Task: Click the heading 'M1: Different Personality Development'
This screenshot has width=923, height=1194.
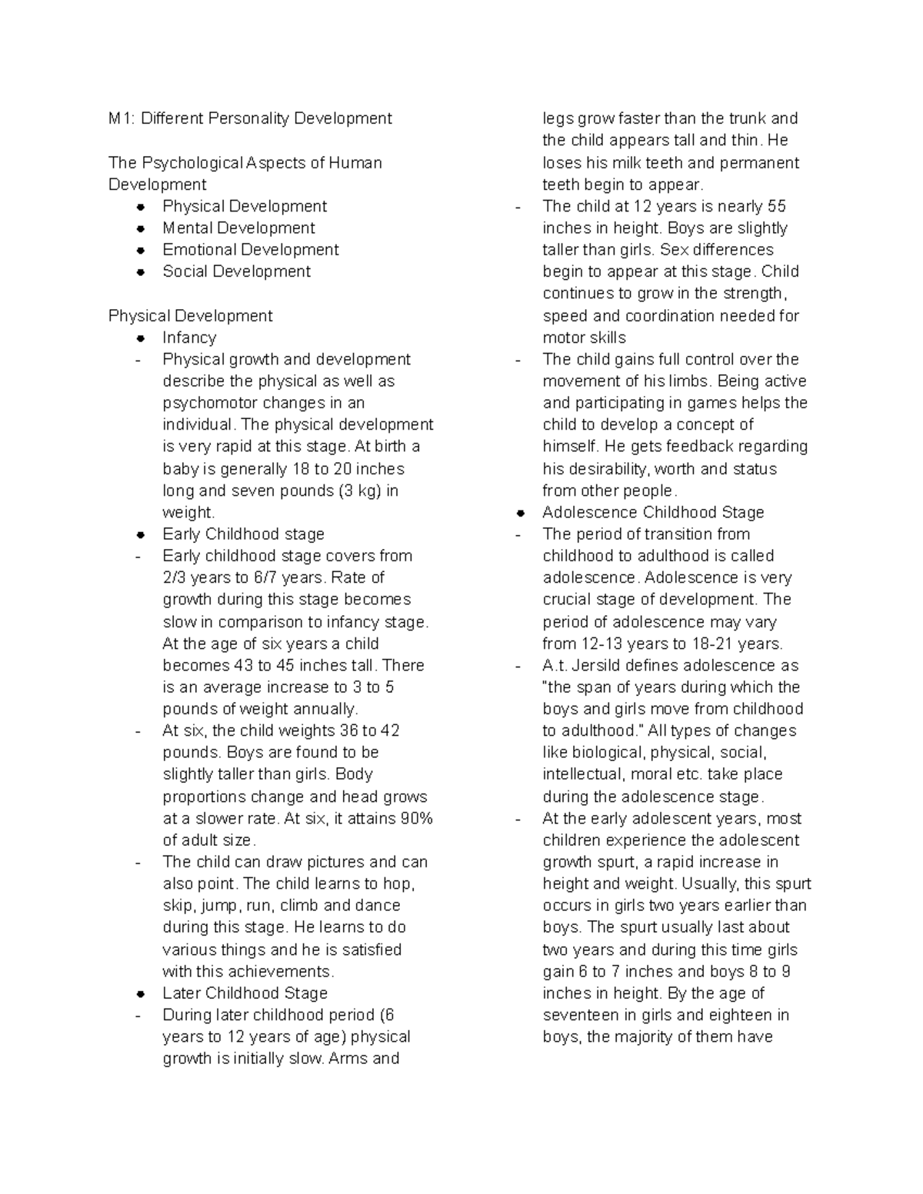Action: tap(250, 118)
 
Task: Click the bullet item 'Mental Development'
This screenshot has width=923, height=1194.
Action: tap(238, 228)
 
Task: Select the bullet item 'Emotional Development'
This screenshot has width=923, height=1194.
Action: tap(250, 250)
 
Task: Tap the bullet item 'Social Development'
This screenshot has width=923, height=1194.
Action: tap(236, 271)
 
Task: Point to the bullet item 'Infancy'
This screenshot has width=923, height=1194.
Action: tap(189, 338)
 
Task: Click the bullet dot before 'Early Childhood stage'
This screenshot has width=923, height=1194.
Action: tap(141, 534)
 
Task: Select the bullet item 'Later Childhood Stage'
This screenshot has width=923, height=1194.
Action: tap(245, 993)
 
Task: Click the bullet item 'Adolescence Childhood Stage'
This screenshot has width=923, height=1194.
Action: tap(653, 513)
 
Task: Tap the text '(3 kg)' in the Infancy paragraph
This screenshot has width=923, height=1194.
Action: tap(359, 491)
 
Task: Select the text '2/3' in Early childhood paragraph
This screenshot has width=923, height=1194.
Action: tap(174, 577)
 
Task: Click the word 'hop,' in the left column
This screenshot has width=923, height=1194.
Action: tap(398, 884)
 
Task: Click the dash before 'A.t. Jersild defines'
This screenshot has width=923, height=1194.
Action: tap(518, 666)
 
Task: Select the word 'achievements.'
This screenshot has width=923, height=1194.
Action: tap(285, 972)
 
